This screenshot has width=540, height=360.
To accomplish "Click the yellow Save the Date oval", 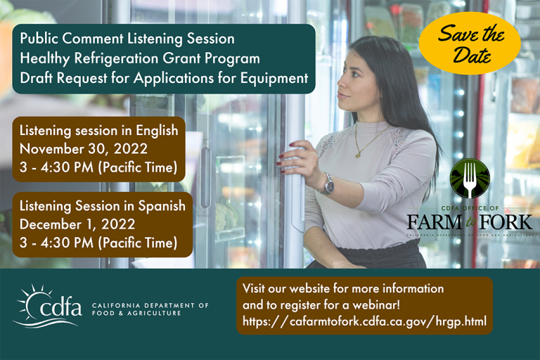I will [x=470, y=43].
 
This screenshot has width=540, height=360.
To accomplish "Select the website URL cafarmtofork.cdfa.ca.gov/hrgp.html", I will [x=364, y=321].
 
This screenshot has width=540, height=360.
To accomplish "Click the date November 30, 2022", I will [x=84, y=148].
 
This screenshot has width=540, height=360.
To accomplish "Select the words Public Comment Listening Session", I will [x=127, y=39].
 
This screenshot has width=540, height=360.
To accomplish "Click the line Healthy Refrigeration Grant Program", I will [x=140, y=58].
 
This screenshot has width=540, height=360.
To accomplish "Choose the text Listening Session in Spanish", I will [x=103, y=206].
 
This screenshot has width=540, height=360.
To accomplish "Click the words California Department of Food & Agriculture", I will [x=150, y=309].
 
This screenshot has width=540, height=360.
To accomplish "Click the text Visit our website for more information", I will [x=343, y=289].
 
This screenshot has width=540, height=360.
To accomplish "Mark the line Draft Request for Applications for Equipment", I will [x=164, y=78].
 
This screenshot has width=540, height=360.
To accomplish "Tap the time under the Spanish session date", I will [x=97, y=243].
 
